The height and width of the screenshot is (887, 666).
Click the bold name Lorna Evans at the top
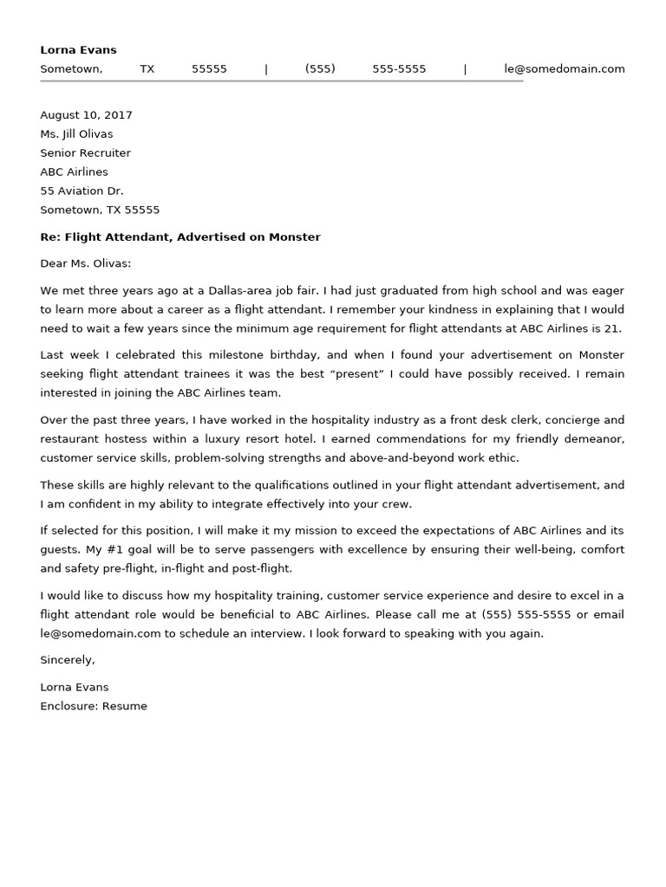78,49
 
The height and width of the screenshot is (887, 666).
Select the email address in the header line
564,69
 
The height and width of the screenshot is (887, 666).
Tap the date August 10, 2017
86,115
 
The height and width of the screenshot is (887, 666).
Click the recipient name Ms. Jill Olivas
76,134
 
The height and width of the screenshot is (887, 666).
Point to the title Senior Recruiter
85,153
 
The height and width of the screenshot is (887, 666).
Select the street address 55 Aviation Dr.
82,191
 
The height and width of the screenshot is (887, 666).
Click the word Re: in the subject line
50,236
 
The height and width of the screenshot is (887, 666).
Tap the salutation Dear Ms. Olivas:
85,263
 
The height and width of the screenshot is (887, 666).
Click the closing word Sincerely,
68,660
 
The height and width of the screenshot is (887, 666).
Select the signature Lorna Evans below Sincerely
75,687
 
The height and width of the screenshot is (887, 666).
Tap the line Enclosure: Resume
94,706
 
